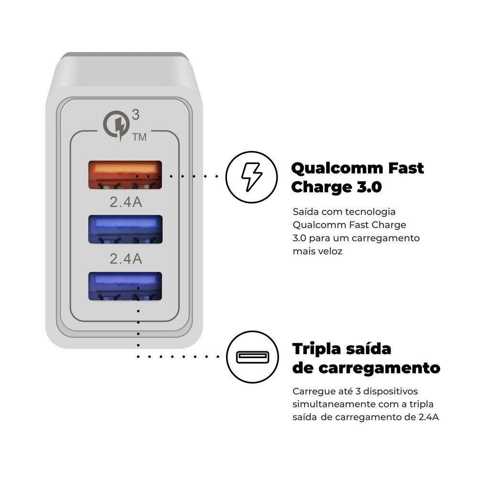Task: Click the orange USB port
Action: point(124,175)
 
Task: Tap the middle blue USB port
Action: point(124,230)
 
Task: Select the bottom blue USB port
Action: point(124,286)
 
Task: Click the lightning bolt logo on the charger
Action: point(116,124)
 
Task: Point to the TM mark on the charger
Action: point(139,138)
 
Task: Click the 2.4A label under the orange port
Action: point(126,202)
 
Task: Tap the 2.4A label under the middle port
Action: point(126,259)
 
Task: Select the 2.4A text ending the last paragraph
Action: point(429,417)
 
